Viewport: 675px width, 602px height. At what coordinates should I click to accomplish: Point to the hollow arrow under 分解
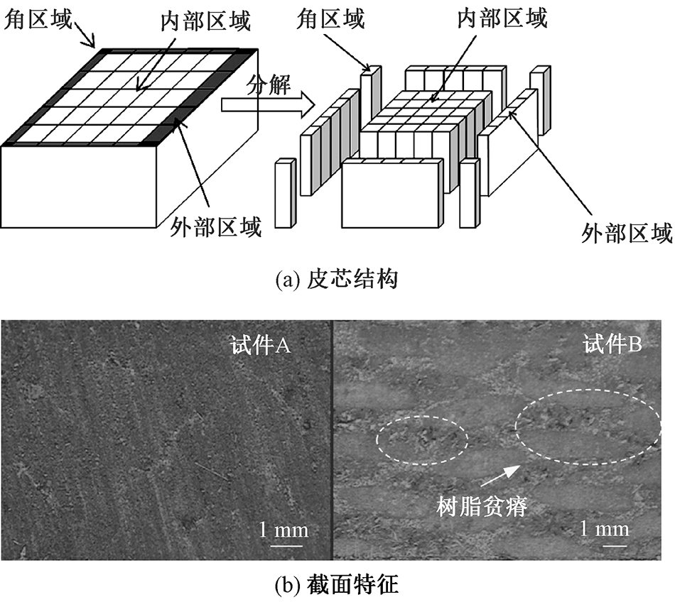pos(266,106)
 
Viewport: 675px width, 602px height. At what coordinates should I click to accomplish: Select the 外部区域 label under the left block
pos(217,227)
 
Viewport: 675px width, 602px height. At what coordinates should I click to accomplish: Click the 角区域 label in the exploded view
pos(329,18)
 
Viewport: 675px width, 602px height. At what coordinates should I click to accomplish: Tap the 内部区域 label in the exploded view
pos(502,18)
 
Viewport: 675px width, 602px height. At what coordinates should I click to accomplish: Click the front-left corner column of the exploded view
pos(283,193)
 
